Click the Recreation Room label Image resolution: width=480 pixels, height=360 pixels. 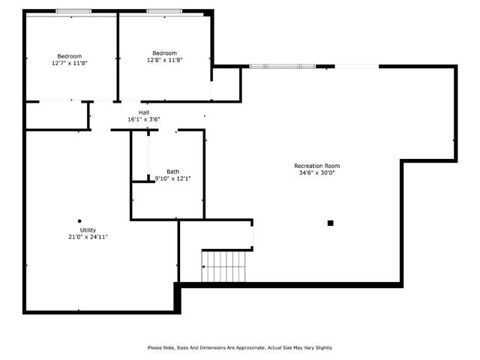click(x=316, y=166)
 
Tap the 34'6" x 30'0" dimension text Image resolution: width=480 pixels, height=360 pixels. click(x=316, y=172)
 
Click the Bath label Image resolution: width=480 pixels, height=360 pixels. click(x=173, y=172)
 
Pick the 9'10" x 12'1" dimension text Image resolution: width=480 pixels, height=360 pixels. click(x=173, y=178)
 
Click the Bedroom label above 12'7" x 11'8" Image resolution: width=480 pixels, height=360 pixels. click(x=70, y=56)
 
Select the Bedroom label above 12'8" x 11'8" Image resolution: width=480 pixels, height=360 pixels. click(x=165, y=52)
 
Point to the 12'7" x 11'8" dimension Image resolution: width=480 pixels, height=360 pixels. click(x=70, y=63)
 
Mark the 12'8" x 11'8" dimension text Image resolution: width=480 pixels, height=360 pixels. click(x=165, y=59)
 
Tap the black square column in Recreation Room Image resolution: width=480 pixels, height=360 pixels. click(x=330, y=223)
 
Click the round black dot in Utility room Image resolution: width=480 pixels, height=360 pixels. click(x=79, y=220)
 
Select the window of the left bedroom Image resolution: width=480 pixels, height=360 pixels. click(x=73, y=11)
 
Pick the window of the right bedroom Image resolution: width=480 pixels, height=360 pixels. click(x=163, y=11)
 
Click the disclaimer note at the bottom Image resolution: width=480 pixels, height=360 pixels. click(x=239, y=347)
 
